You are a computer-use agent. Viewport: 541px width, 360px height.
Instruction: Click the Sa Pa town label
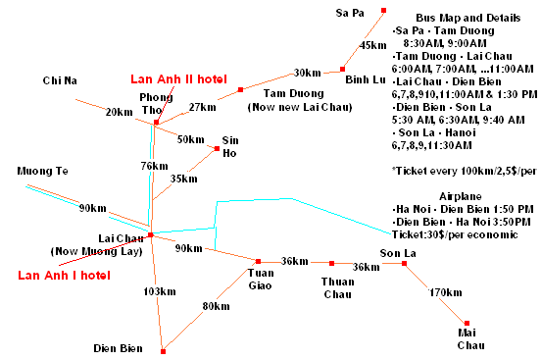pyautogui.click(x=350, y=13)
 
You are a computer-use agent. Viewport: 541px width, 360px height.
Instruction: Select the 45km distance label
pyautogui.click(x=373, y=45)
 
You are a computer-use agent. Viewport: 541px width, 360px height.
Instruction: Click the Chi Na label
pyautogui.click(x=60, y=79)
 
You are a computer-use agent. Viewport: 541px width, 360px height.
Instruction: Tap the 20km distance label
pyautogui.click(x=119, y=112)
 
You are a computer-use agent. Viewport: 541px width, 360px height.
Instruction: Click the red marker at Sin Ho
pyautogui.click(x=217, y=149)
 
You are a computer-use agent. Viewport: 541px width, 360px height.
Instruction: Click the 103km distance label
pyautogui.click(x=158, y=292)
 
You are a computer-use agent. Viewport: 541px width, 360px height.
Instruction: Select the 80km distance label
pyautogui.click(x=215, y=306)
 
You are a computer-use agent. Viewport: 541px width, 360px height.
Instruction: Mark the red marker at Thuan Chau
pyautogui.click(x=332, y=263)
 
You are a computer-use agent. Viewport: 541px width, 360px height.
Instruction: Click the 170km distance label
pyautogui.click(x=446, y=293)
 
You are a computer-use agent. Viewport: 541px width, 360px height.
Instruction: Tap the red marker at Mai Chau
pyautogui.click(x=467, y=324)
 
